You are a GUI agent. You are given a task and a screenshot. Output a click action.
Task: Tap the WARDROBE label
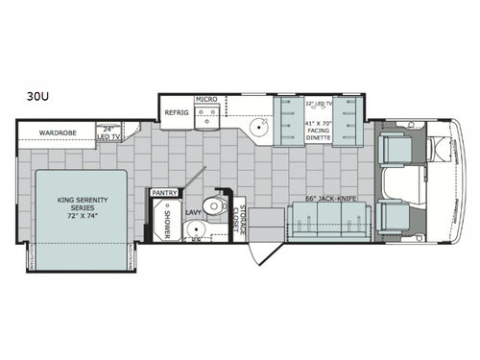coord(57,132)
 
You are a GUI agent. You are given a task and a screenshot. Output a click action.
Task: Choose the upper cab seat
coord(396,148)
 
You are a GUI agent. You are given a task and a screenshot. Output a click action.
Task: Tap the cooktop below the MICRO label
coord(207,117)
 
